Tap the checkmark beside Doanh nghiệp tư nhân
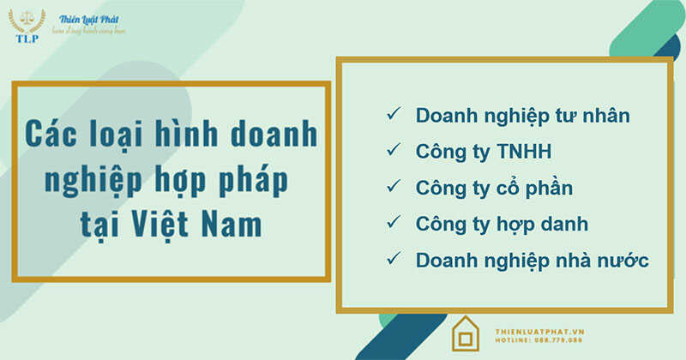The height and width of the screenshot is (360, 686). [x=394, y=114]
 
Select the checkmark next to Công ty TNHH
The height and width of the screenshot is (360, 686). [x=394, y=151]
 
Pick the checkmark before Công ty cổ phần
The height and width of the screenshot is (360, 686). [x=394, y=187]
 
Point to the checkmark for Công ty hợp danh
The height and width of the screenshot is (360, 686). [x=394, y=223]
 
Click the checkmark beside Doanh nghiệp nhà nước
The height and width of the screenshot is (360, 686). [x=394, y=258]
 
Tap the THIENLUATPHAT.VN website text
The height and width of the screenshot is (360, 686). [x=539, y=329]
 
